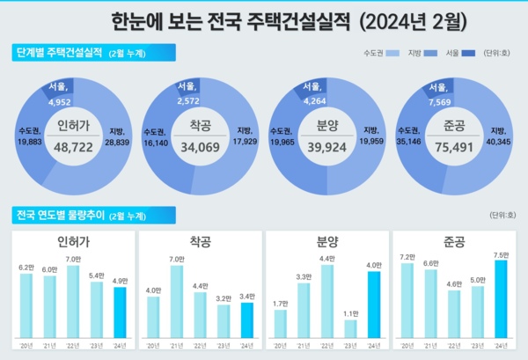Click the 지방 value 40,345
[x=498, y=142]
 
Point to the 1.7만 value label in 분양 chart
[x=280, y=304]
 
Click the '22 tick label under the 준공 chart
[x=453, y=342]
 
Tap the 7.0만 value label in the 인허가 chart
[x=73, y=260]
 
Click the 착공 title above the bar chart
[x=201, y=239]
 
